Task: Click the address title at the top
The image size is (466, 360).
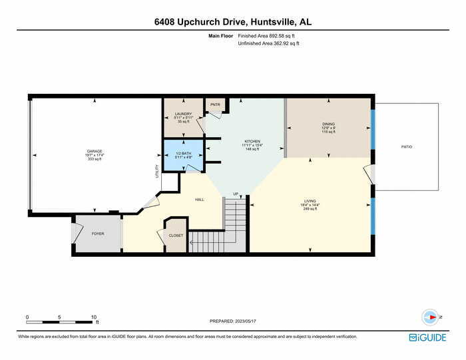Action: [x=232, y=22]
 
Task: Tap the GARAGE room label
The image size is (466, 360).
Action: [x=95, y=151]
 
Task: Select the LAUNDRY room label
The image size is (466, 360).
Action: [x=183, y=114]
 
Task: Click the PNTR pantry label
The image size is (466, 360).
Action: [x=215, y=104]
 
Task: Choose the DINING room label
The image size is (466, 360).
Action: [x=328, y=124]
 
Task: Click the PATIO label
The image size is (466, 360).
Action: [x=406, y=146]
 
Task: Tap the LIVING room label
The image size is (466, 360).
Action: [x=310, y=201]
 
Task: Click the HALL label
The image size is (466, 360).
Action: [x=199, y=200]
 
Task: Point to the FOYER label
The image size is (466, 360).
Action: [x=98, y=234]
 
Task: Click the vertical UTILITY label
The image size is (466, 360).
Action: [x=157, y=171]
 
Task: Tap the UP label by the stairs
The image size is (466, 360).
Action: [x=235, y=194]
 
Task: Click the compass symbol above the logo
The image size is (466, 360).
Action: [x=430, y=317]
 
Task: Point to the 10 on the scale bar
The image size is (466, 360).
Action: [x=94, y=317]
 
